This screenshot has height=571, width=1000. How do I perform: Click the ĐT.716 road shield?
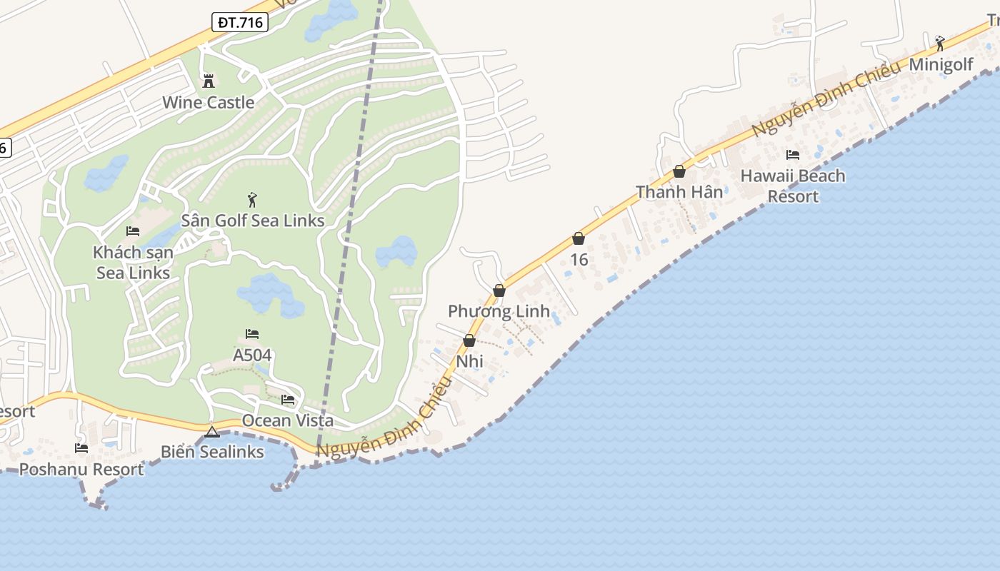coord(241,22)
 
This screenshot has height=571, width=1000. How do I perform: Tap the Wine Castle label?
coord(208,102)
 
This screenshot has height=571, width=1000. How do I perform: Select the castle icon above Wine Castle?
coord(209,81)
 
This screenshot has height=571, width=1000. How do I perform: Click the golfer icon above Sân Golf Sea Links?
coord(251,200)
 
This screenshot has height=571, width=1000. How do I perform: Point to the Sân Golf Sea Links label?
coord(253,221)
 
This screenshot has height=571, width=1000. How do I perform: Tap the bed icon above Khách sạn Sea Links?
coord(133,231)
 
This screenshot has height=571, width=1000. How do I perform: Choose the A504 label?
coord(252,355)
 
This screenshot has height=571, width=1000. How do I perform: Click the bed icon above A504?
coord(252,333)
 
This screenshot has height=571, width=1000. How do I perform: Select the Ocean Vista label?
coord(287,420)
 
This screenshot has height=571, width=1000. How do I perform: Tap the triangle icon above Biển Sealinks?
coord(212,432)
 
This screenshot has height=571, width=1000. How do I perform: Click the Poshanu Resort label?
coord(81,469)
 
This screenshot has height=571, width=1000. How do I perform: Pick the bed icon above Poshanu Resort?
coord(81,448)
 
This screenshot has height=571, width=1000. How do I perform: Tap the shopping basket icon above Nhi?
coord(469,340)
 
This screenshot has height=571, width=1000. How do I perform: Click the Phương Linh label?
coord(499,311)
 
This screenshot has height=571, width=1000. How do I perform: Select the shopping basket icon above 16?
coord(579,238)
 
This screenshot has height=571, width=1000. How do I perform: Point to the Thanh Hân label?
coord(679,192)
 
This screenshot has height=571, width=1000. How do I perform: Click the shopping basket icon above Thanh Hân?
coord(679,171)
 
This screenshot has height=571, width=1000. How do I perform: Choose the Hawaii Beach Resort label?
coord(793,186)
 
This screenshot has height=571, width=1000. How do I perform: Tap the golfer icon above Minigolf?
coord(940,43)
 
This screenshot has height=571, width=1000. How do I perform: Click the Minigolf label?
coord(941,64)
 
